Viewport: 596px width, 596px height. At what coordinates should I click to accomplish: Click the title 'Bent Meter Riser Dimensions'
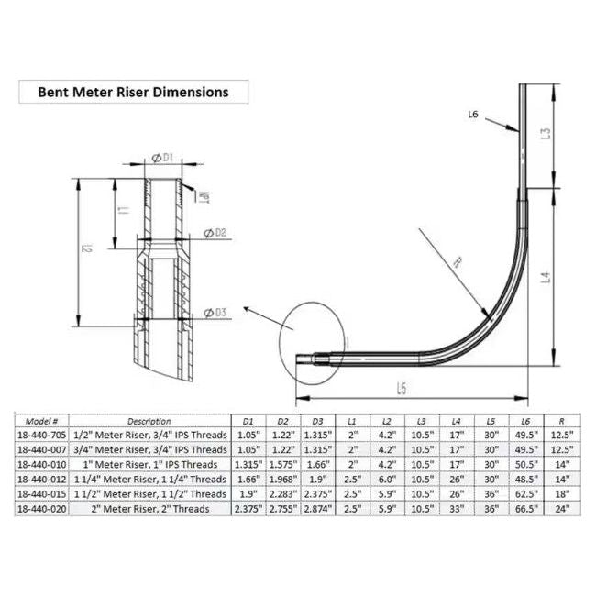[x=132, y=92]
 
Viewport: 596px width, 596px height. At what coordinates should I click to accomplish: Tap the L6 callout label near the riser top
[x=473, y=115]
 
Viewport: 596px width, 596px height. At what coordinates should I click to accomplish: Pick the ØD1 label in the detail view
[x=162, y=158]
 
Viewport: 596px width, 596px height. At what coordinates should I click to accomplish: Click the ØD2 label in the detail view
[x=213, y=233]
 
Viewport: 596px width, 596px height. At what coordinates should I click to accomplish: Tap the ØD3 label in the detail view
[x=214, y=314]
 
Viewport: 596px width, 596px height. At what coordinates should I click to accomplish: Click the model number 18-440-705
[x=43, y=436]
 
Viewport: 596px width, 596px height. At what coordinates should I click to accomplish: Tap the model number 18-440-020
[x=43, y=508]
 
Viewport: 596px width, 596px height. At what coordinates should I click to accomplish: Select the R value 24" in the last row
[x=563, y=508]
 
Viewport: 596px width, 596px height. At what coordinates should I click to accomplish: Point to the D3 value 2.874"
[x=315, y=508]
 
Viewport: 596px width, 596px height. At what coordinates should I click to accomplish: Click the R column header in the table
[x=563, y=421]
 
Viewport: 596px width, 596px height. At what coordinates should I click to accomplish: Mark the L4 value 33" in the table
[x=456, y=508]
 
